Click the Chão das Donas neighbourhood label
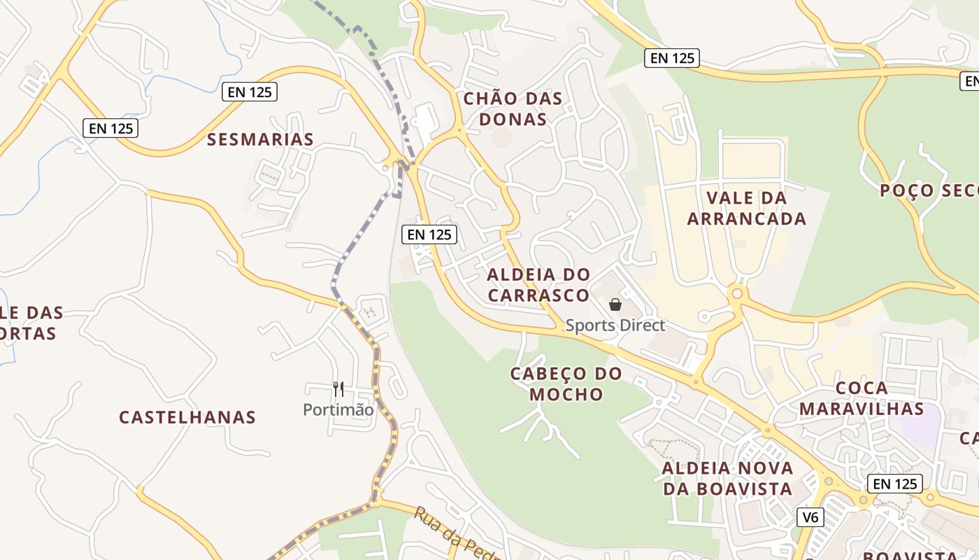[x=513, y=108]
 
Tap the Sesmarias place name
[x=260, y=139]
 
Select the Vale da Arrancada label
[x=746, y=208]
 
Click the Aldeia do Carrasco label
[x=538, y=284]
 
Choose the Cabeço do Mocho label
[x=566, y=384]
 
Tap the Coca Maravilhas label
[x=862, y=398]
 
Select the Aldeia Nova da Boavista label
[x=727, y=478]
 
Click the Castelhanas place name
[x=187, y=417]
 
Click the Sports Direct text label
[x=615, y=325]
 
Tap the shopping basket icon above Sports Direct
[x=615, y=304]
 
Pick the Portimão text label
[x=338, y=409]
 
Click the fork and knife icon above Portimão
[x=338, y=389]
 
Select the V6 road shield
[x=810, y=517]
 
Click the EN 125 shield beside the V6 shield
[x=894, y=483]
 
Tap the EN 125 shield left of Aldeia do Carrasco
[x=429, y=234]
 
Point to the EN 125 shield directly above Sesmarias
[x=250, y=92]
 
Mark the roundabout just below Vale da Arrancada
[x=736, y=293]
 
